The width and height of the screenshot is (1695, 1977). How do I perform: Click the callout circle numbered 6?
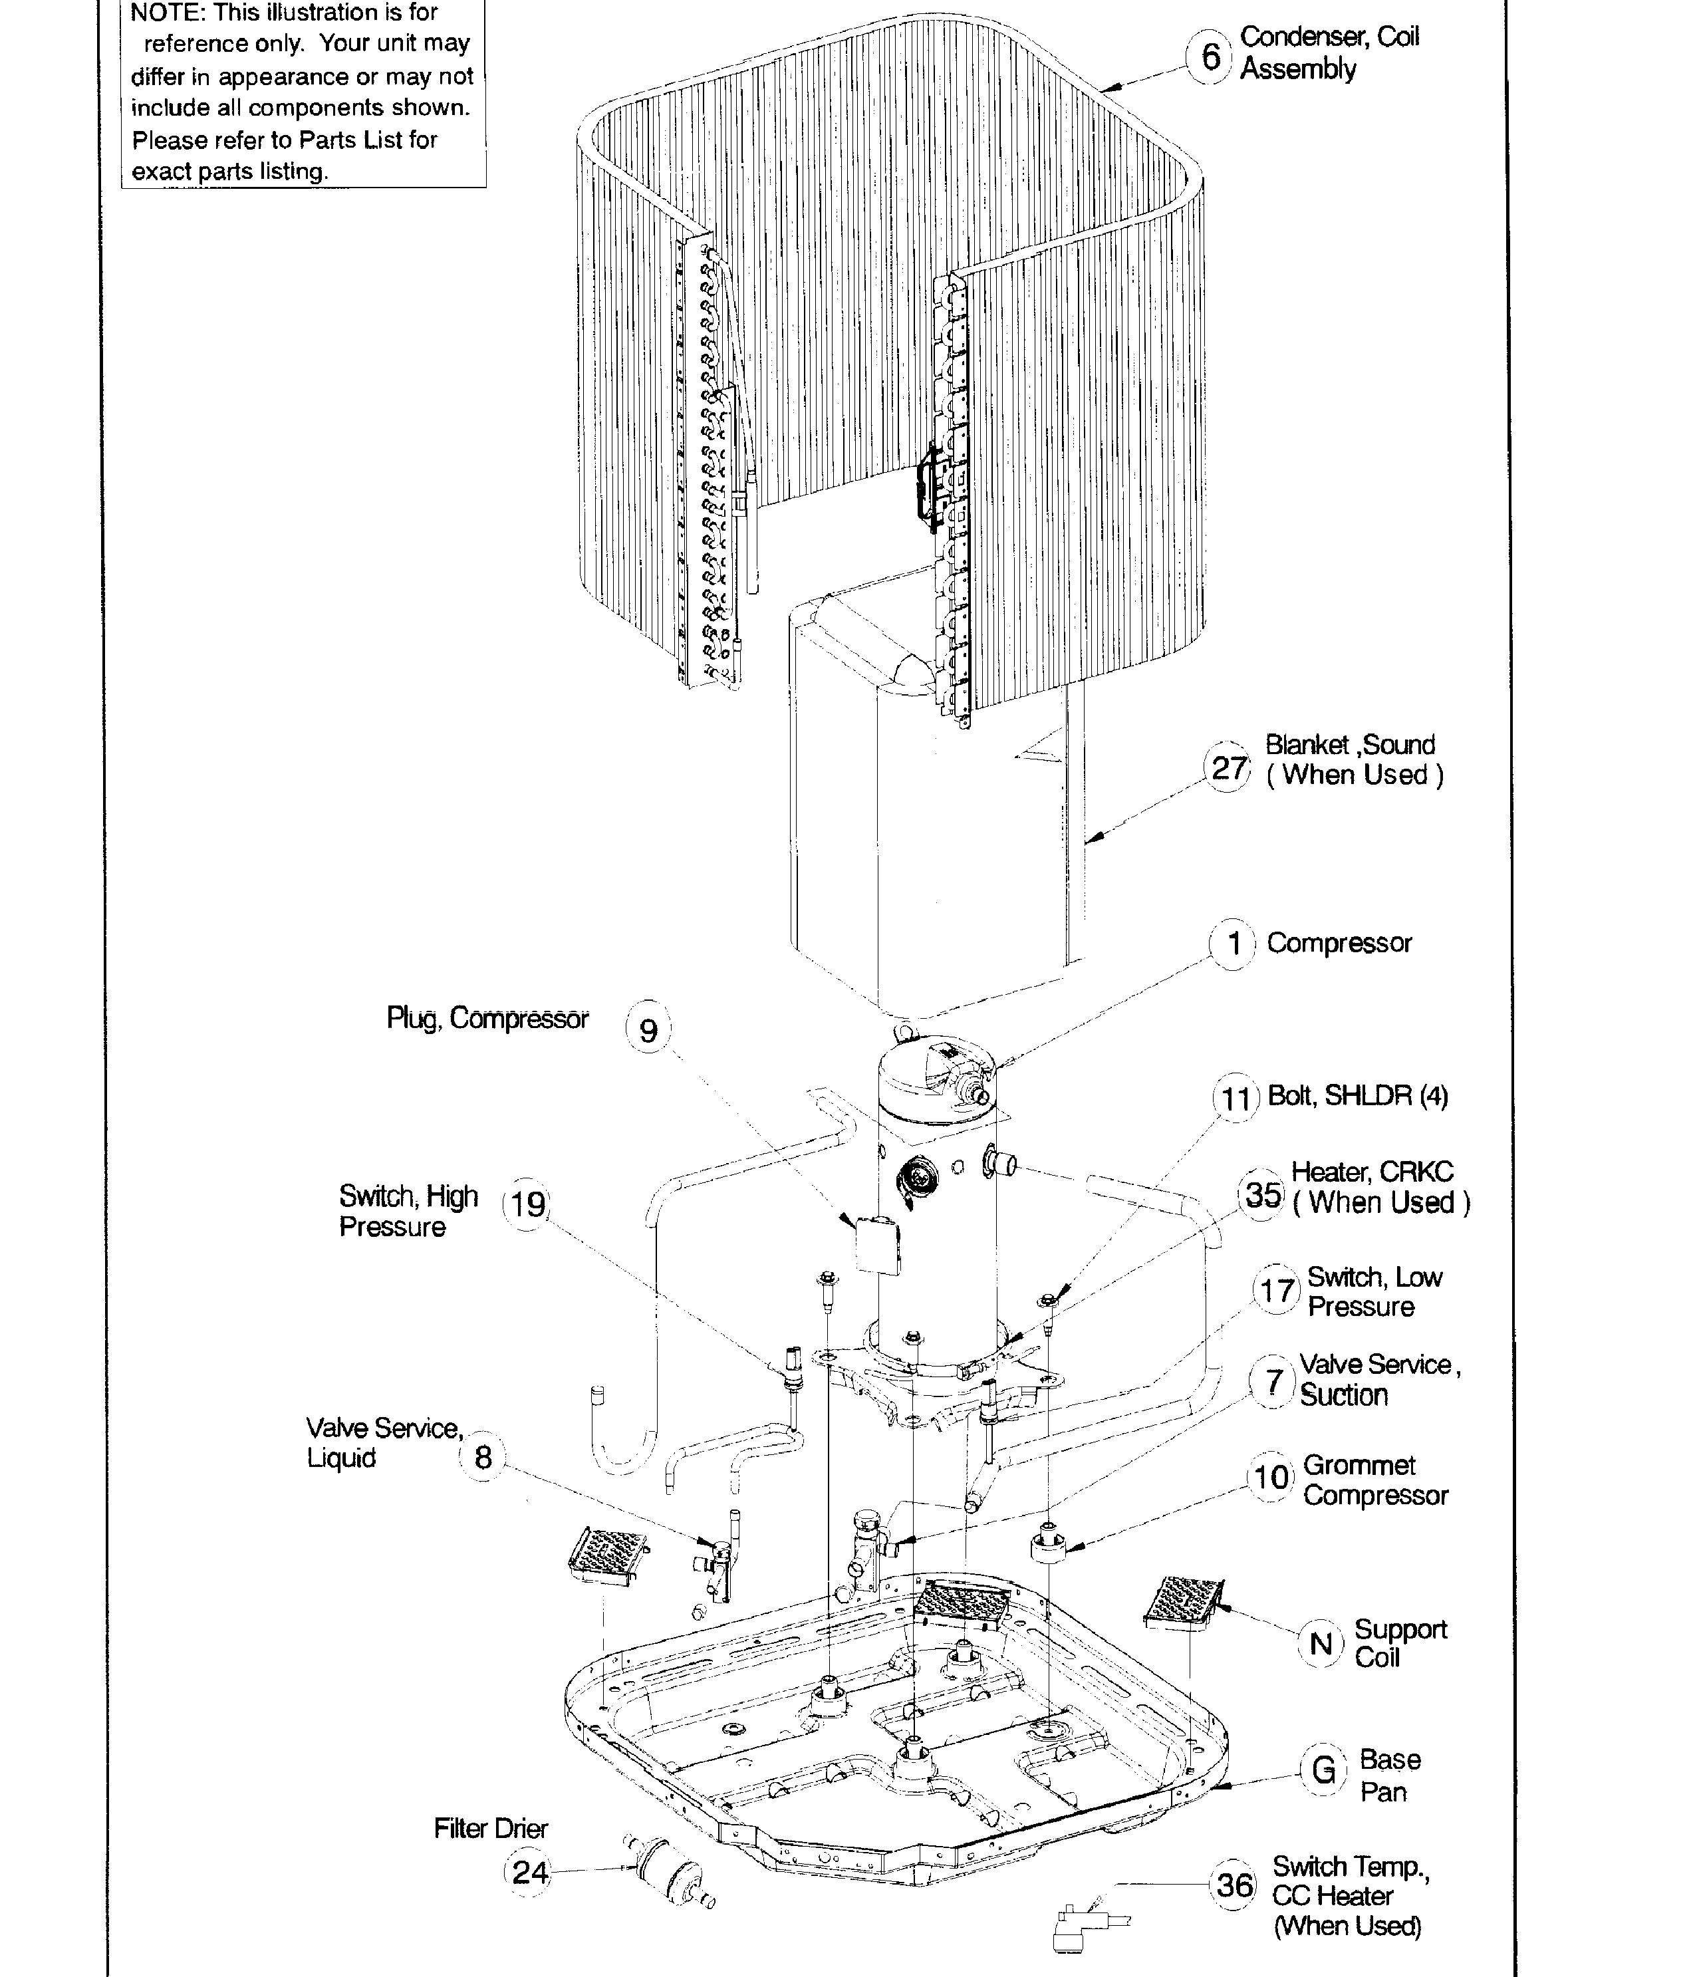pyautogui.click(x=1210, y=57)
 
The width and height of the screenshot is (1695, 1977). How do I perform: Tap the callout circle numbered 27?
pyautogui.click(x=1228, y=768)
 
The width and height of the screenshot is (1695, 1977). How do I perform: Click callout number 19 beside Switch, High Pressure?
pyautogui.click(x=527, y=1204)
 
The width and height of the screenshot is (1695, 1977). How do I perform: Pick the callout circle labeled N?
pyautogui.click(x=1321, y=1643)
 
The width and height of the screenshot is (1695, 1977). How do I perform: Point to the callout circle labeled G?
pyautogui.click(x=1323, y=1770)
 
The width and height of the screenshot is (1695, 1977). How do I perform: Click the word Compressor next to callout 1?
pyautogui.click(x=1339, y=943)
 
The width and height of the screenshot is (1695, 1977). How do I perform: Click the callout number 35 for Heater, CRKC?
pyautogui.click(x=1263, y=1194)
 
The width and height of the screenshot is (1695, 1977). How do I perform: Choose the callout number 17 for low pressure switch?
pyautogui.click(x=1276, y=1292)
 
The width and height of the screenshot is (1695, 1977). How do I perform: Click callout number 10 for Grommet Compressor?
pyautogui.click(x=1270, y=1478)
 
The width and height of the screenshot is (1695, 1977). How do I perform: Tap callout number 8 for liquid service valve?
pyautogui.click(x=483, y=1457)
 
